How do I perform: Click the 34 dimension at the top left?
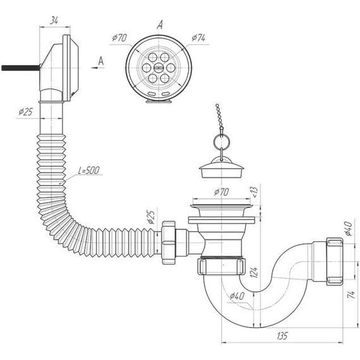(x=54, y=21)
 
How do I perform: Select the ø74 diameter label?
(x=198, y=38)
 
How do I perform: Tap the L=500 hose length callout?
(x=89, y=171)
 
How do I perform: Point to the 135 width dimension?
(x=282, y=336)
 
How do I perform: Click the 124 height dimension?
(x=255, y=272)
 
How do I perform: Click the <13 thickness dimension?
(x=255, y=192)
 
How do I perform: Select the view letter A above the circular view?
(x=160, y=25)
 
